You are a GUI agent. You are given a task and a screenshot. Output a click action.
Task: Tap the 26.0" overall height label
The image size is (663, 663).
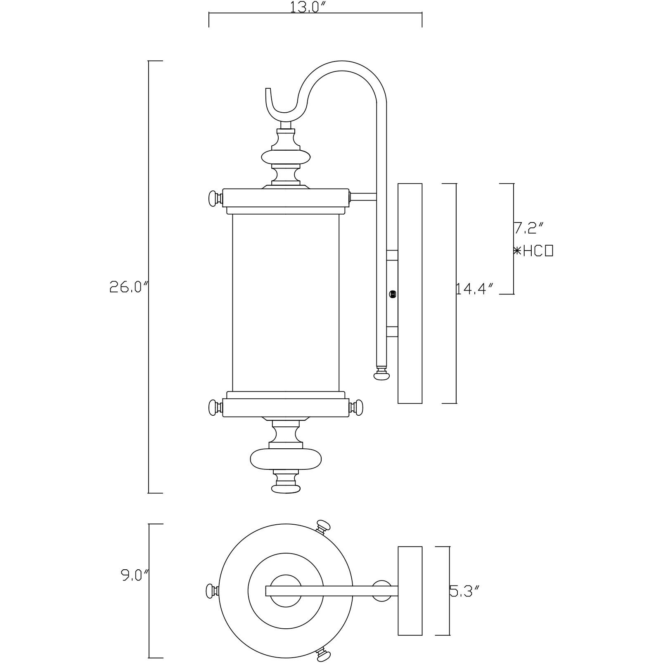[x=128, y=287]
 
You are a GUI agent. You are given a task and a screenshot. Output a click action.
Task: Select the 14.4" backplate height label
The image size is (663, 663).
[x=475, y=289]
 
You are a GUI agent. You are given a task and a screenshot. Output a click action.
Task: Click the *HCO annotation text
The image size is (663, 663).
[x=533, y=251]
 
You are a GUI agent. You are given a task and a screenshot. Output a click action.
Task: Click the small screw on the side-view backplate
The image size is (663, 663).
[x=393, y=294]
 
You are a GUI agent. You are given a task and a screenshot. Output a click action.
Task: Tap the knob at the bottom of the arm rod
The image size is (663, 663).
[x=381, y=375]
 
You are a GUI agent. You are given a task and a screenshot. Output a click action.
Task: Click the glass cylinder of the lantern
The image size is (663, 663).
[x=286, y=302]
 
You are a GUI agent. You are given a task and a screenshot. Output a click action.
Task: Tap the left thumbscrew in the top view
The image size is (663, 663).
[x=211, y=591]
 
